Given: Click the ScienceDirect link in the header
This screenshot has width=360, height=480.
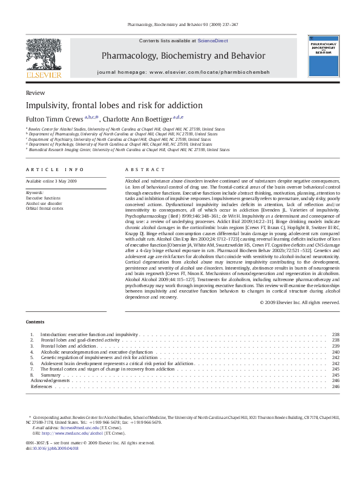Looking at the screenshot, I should [x=212, y=40].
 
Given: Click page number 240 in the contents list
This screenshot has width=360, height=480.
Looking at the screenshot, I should [x=336, y=352].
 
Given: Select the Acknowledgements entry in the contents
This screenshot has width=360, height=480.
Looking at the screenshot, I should [x=47, y=381].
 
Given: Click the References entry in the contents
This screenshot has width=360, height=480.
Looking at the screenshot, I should [x=42, y=386].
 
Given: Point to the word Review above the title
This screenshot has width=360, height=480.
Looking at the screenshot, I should [x=35, y=92].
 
